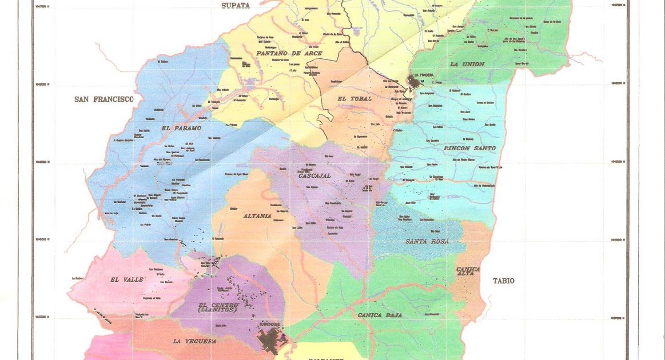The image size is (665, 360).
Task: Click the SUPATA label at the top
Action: click(x=236, y=6)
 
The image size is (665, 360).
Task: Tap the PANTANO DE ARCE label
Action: click(x=289, y=53)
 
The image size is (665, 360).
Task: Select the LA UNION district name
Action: click(x=467, y=64)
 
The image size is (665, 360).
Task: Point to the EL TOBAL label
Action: click(x=355, y=99)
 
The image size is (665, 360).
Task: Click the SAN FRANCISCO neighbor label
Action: click(x=104, y=99)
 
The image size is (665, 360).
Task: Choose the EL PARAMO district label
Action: click(x=182, y=128)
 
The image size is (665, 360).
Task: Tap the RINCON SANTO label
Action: click(x=469, y=148)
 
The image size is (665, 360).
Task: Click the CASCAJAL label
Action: click(x=314, y=175)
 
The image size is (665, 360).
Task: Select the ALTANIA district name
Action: click(x=258, y=216)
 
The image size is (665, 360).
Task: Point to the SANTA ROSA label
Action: click(x=427, y=242)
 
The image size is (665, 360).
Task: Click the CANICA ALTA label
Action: click(x=468, y=271)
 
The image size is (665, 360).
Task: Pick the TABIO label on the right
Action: click(x=504, y=281)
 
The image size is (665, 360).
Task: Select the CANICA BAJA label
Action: click(x=380, y=315)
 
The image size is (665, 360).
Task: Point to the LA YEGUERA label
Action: click(x=194, y=341)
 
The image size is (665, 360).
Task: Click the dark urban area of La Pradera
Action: click(x=414, y=83)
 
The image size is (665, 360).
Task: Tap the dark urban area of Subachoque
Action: click(x=269, y=341)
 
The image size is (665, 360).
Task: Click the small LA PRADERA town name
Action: click(x=424, y=75)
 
